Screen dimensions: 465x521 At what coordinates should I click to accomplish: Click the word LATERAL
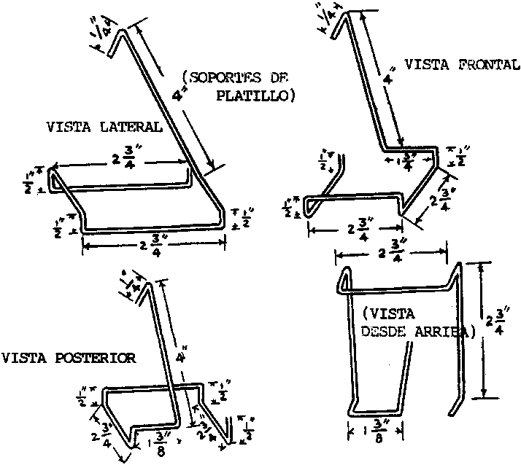pos(136,126)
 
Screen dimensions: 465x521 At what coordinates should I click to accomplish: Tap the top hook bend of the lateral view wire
pos(122,31)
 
